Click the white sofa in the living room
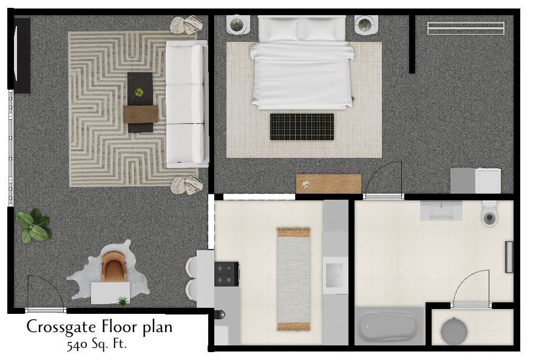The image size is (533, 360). coord(186,103)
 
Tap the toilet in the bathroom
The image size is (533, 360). coord(490,214)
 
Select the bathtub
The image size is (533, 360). coord(389,327)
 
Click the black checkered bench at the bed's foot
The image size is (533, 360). coord(302,127)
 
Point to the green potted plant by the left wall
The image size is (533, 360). coord(33,225)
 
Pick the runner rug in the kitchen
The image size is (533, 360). coord(293,279)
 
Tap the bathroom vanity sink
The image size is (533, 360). coord(441,211)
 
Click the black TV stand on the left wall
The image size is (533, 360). coord(22,55)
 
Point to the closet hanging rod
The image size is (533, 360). coord(466,29)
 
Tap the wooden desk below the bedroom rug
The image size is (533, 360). coord(328,183)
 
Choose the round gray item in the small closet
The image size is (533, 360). coord(454,331)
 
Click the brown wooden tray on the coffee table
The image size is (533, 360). coord(140,114)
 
